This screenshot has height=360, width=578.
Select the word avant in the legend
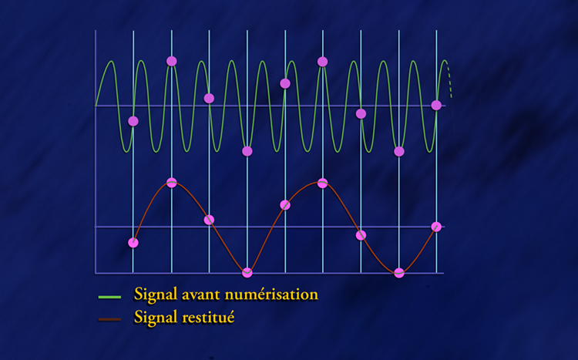202,294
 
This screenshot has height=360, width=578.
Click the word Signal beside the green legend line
156,295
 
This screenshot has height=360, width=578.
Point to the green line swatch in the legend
109,297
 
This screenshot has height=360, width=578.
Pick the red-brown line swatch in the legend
109,319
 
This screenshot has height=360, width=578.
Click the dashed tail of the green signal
449,82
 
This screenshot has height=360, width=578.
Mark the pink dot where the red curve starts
133,243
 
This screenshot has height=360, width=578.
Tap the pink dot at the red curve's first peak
171,182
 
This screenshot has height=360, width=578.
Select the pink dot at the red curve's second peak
323,183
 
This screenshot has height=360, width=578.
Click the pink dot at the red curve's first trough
247,273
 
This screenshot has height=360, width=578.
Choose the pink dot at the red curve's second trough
399,273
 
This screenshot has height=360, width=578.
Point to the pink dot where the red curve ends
436,227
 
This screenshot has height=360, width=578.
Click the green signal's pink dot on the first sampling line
133,121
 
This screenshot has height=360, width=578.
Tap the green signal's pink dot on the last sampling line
436,105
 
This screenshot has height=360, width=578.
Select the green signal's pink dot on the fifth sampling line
285,83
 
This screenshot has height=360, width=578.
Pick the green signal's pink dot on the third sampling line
209,98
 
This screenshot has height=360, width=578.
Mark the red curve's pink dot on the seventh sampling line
361,235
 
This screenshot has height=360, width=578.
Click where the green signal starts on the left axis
96,106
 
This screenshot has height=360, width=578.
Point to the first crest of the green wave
110,61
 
